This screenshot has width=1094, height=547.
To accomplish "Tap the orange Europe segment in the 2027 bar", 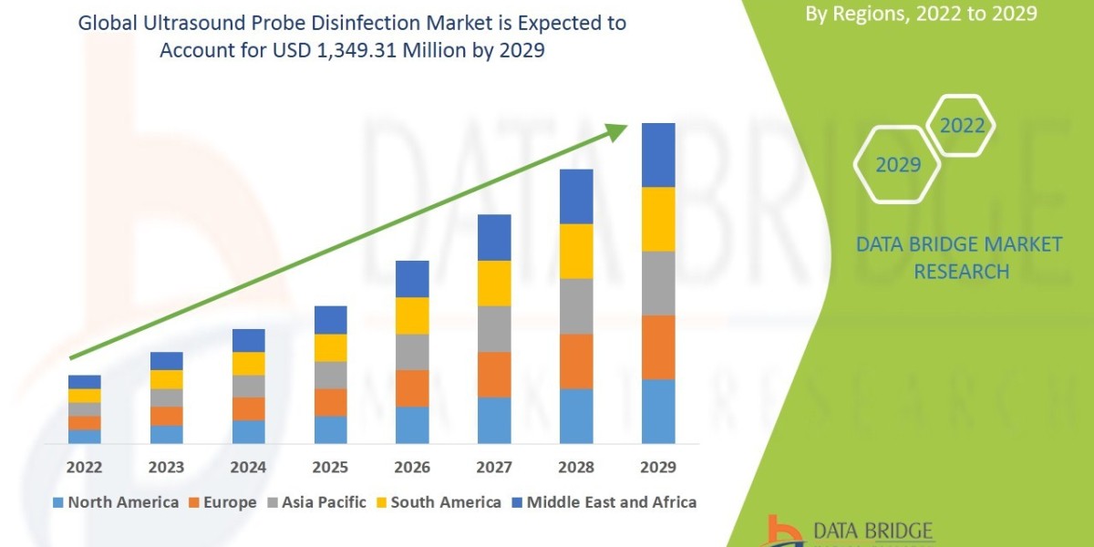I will tap(494, 374).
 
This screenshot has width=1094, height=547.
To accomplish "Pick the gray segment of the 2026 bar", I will tap(412, 351).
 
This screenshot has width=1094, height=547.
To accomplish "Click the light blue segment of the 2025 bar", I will tap(330, 429).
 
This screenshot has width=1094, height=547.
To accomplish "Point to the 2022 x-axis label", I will tap(84, 468).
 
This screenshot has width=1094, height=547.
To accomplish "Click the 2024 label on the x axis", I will tap(248, 468).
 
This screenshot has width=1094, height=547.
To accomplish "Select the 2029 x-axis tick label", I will tap(658, 468).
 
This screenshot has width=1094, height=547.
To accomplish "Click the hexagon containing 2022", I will tap(962, 126).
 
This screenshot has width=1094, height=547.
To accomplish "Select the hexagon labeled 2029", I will tap(898, 165).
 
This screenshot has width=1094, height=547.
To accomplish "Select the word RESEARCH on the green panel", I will tap(961, 272).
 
